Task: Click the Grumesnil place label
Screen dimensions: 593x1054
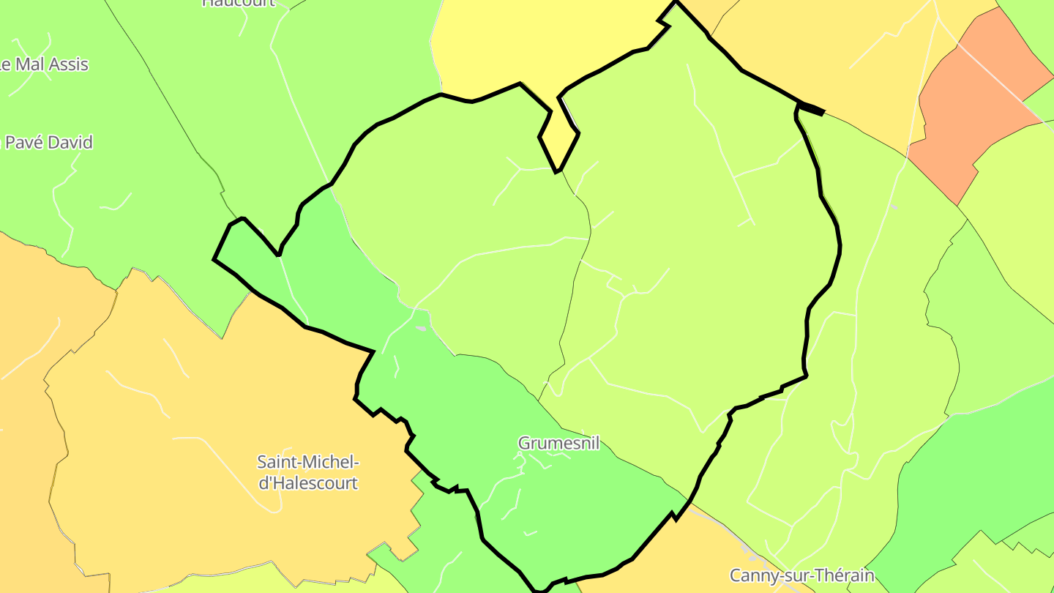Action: coord(558,443)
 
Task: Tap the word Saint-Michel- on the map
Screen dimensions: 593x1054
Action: coord(308,462)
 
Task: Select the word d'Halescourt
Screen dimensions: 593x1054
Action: coord(308,483)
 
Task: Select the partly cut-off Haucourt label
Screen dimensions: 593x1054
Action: coord(239,2)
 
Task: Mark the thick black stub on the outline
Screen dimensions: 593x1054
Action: coord(812,110)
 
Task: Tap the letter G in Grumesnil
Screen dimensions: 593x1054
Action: coord(525,443)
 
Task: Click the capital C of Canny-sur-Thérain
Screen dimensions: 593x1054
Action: coord(736,575)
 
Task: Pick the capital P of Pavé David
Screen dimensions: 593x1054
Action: coord(11,142)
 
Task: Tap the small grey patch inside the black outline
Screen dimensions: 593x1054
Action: coord(420,328)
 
